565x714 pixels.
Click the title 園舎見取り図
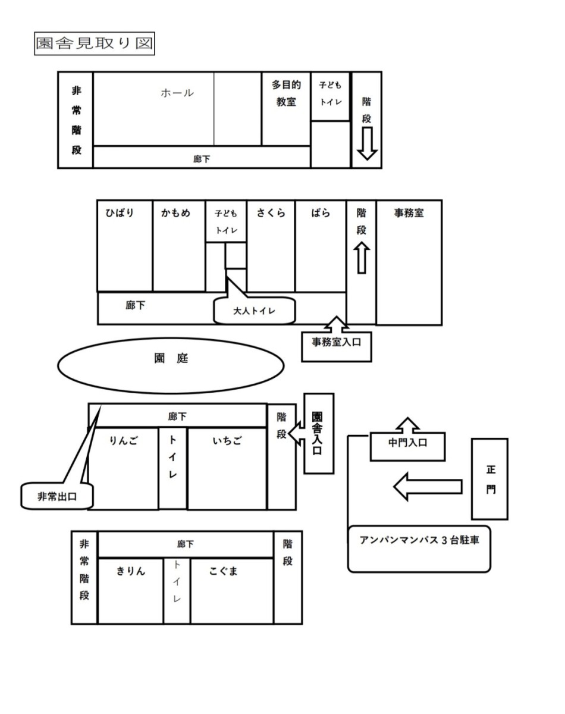tap(95, 45)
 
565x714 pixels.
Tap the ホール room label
tap(177, 93)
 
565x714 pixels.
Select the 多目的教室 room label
tap(286, 94)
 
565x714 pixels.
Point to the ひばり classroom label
tap(120, 213)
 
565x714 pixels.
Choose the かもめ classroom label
tap(175, 213)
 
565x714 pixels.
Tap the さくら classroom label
tap(271, 213)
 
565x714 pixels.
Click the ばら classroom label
tap(320, 213)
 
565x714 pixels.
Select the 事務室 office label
tap(409, 213)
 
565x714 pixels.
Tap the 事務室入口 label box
tap(337, 343)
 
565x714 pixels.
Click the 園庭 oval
tap(171, 359)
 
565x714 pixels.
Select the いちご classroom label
tap(227, 441)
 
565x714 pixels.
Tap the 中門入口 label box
tap(407, 443)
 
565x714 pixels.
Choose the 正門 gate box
tap(490, 479)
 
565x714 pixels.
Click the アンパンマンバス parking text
tap(419, 541)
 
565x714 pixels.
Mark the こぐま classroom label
tap(224, 571)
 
